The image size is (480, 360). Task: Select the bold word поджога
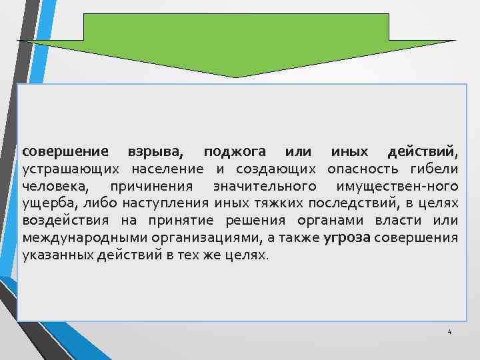235,152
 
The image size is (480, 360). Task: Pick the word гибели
435,169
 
